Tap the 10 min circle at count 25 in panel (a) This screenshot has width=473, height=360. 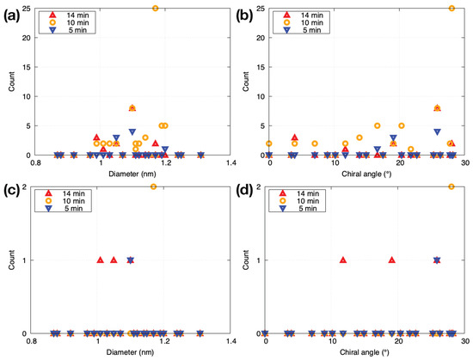coord(156,8)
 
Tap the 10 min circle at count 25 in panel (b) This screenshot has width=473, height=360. coord(451,8)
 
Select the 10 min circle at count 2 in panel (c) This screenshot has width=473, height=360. coord(154,186)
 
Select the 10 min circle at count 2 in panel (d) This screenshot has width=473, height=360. coord(451,186)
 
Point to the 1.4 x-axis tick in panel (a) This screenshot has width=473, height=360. coord(230,162)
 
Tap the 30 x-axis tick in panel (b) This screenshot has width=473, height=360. coord(464,162)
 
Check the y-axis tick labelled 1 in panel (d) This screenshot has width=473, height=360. coord(261,259)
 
